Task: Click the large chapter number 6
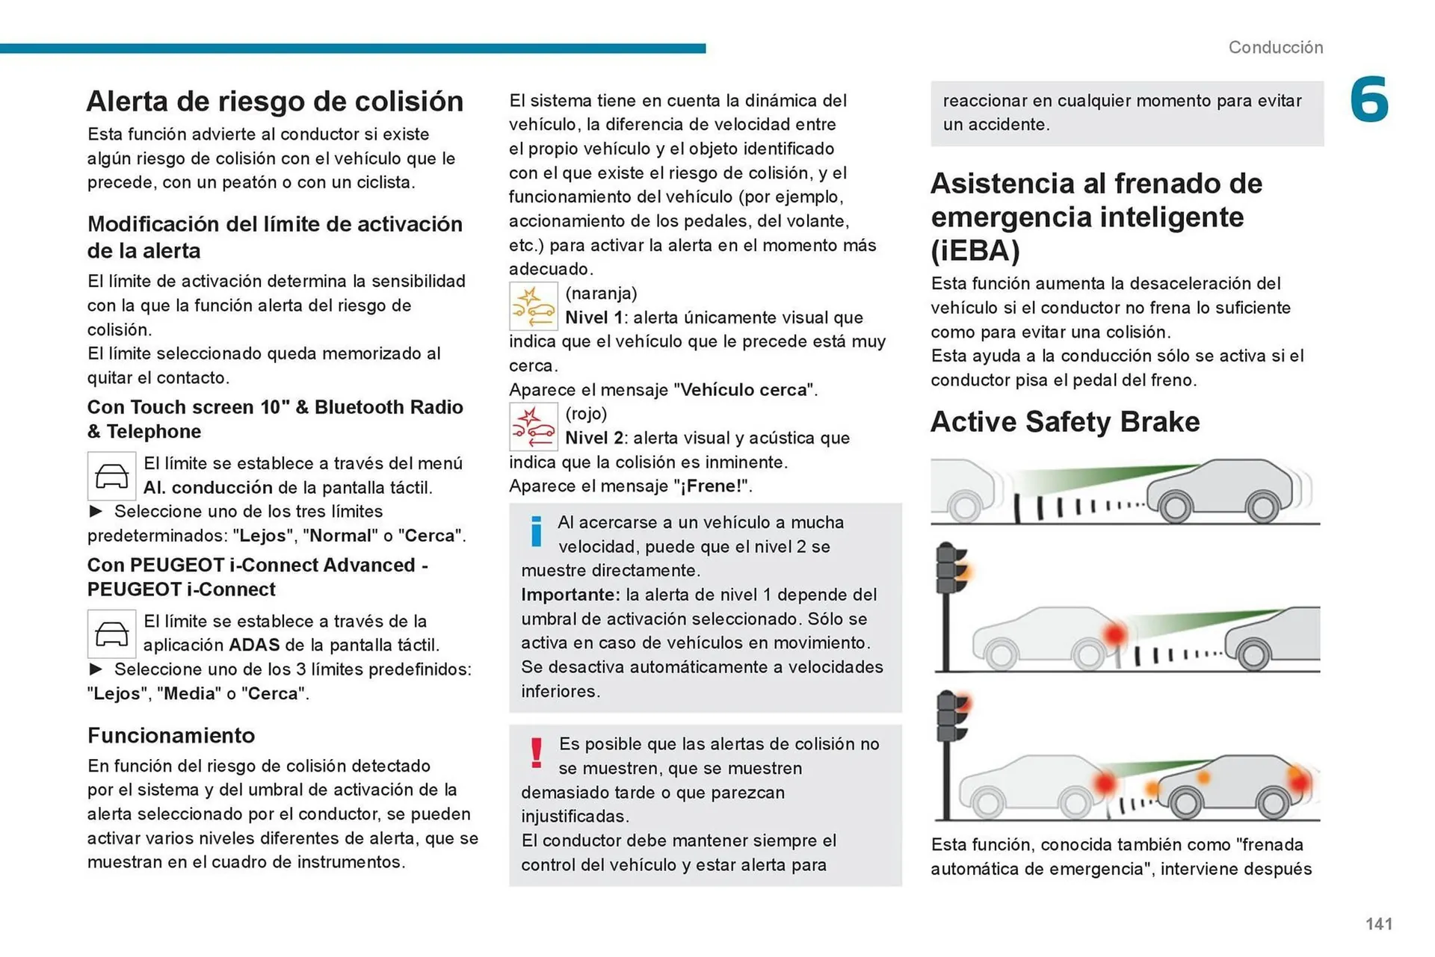click(x=1368, y=99)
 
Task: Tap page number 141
click(x=1378, y=923)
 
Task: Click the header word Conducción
click(x=1275, y=48)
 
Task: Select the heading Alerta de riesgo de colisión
click(x=275, y=102)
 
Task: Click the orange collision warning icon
click(x=533, y=306)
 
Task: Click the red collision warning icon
click(x=533, y=427)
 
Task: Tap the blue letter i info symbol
click(x=536, y=531)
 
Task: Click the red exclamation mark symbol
click(x=536, y=752)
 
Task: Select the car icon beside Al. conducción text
click(x=111, y=476)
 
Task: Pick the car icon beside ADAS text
click(x=111, y=634)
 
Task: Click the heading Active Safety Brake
click(x=1064, y=422)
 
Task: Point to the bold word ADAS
click(x=254, y=645)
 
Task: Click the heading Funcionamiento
click(x=171, y=736)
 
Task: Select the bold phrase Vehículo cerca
click(x=744, y=390)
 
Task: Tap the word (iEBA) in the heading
click(x=975, y=251)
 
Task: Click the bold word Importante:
click(x=570, y=595)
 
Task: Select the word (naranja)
click(x=601, y=294)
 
